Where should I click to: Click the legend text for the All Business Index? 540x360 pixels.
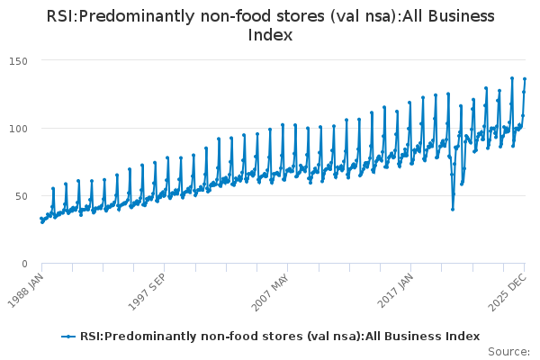coord(279,336)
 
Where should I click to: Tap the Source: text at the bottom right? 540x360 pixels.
coord(511,352)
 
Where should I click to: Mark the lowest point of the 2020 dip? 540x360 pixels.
coord(453,209)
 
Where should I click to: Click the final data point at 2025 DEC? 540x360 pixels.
coord(525,79)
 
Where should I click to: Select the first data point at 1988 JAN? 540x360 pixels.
coord(40,219)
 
